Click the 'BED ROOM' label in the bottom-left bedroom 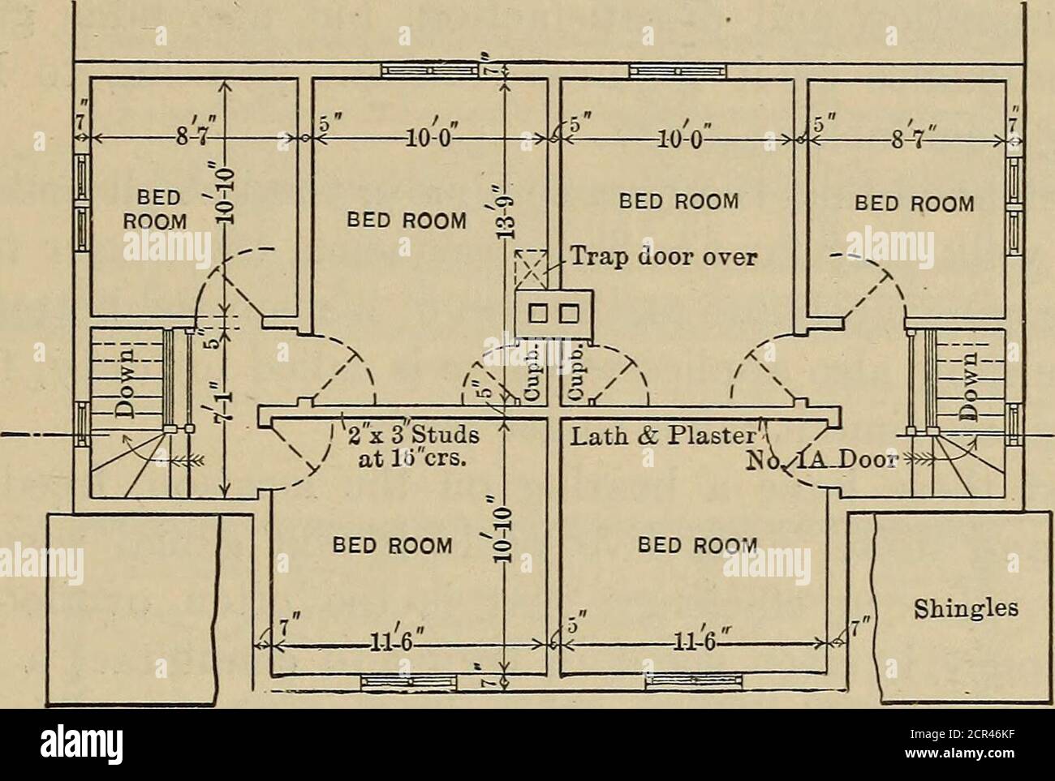393,545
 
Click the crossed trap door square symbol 530,267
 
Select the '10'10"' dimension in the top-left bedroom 230,192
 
